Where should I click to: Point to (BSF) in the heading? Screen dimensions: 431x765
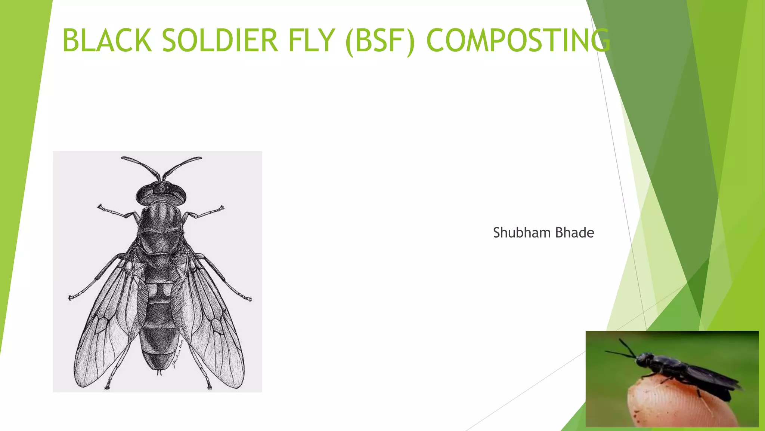380,41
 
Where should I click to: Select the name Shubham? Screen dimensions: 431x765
522,233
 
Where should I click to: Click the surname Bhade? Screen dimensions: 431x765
574,233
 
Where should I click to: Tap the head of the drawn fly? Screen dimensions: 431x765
161,193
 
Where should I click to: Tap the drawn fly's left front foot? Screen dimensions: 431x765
100,207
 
